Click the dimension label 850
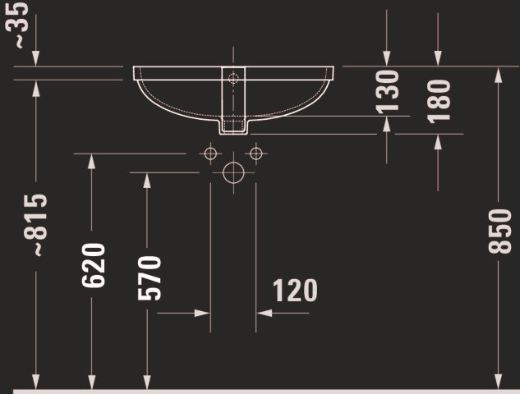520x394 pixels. pos(499,231)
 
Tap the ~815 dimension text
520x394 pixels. pos(36,225)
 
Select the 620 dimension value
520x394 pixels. pos(93,265)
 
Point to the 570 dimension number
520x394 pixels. pos(150,278)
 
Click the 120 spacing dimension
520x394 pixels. pos(295,291)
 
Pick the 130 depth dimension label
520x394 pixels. pos(387,92)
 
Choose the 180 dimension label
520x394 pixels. pos(439,102)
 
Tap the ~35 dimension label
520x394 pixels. pos(17,25)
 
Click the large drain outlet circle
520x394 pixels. pos(233,172)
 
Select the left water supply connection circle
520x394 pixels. pos(210,153)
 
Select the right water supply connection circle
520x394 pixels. pos(256,153)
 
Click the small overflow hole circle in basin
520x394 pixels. pos(233,79)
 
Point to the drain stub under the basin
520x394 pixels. pos(233,126)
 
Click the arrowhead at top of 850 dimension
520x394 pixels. pos(498,75)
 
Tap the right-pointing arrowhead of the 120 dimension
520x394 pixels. pos(202,313)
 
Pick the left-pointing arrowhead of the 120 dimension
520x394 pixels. pos(265,313)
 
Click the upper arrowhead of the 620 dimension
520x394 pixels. pos(91,162)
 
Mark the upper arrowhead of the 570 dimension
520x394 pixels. pos(147,181)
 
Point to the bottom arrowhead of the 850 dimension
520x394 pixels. pos(498,382)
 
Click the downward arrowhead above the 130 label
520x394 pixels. pos(387,58)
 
